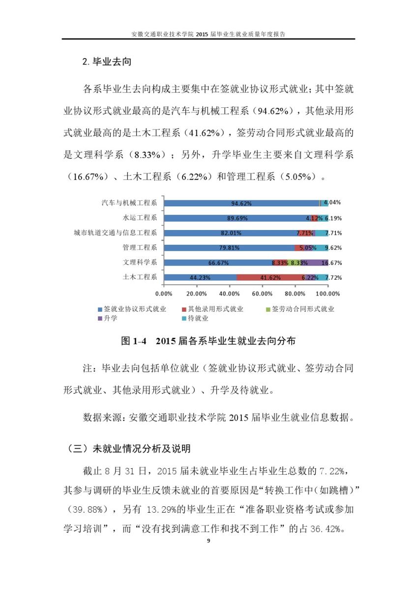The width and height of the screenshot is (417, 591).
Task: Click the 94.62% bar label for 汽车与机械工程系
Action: tap(241, 203)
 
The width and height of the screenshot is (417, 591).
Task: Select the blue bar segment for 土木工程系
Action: tap(200, 277)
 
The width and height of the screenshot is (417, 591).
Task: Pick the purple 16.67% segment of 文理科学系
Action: tap(320, 263)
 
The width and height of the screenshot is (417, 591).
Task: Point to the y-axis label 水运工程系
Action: tap(140, 218)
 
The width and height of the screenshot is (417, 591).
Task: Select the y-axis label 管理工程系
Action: tap(140, 247)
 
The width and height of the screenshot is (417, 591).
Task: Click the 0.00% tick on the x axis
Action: tap(163, 294)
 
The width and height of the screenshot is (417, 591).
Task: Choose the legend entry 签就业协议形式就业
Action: tap(135, 309)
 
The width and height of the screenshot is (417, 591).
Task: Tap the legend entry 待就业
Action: tap(198, 318)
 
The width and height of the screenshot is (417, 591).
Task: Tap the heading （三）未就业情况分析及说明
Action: tap(127, 449)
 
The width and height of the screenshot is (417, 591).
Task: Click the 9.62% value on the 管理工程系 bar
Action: tap(333, 248)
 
